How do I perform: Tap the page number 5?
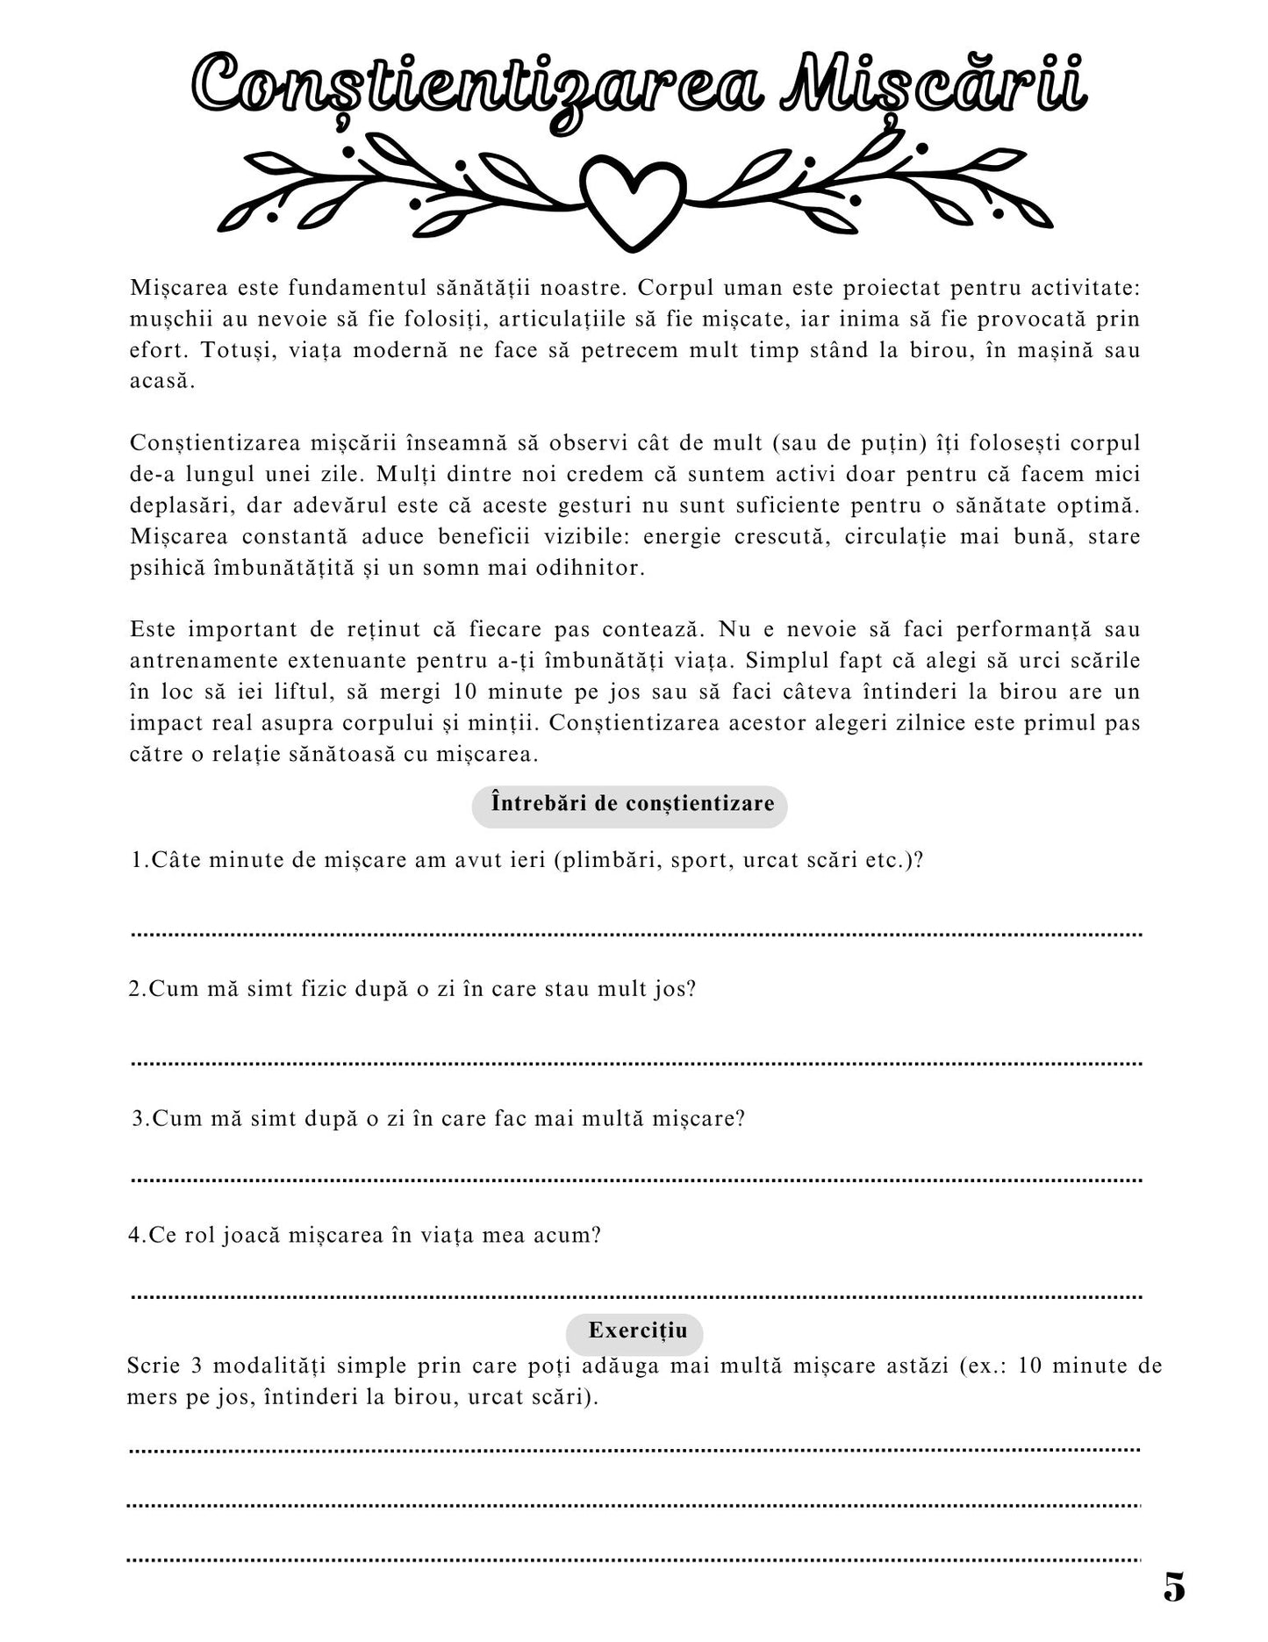1174,1587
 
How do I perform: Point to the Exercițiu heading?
638,1330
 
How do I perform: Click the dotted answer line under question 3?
636,1180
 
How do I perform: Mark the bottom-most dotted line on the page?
633,1560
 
